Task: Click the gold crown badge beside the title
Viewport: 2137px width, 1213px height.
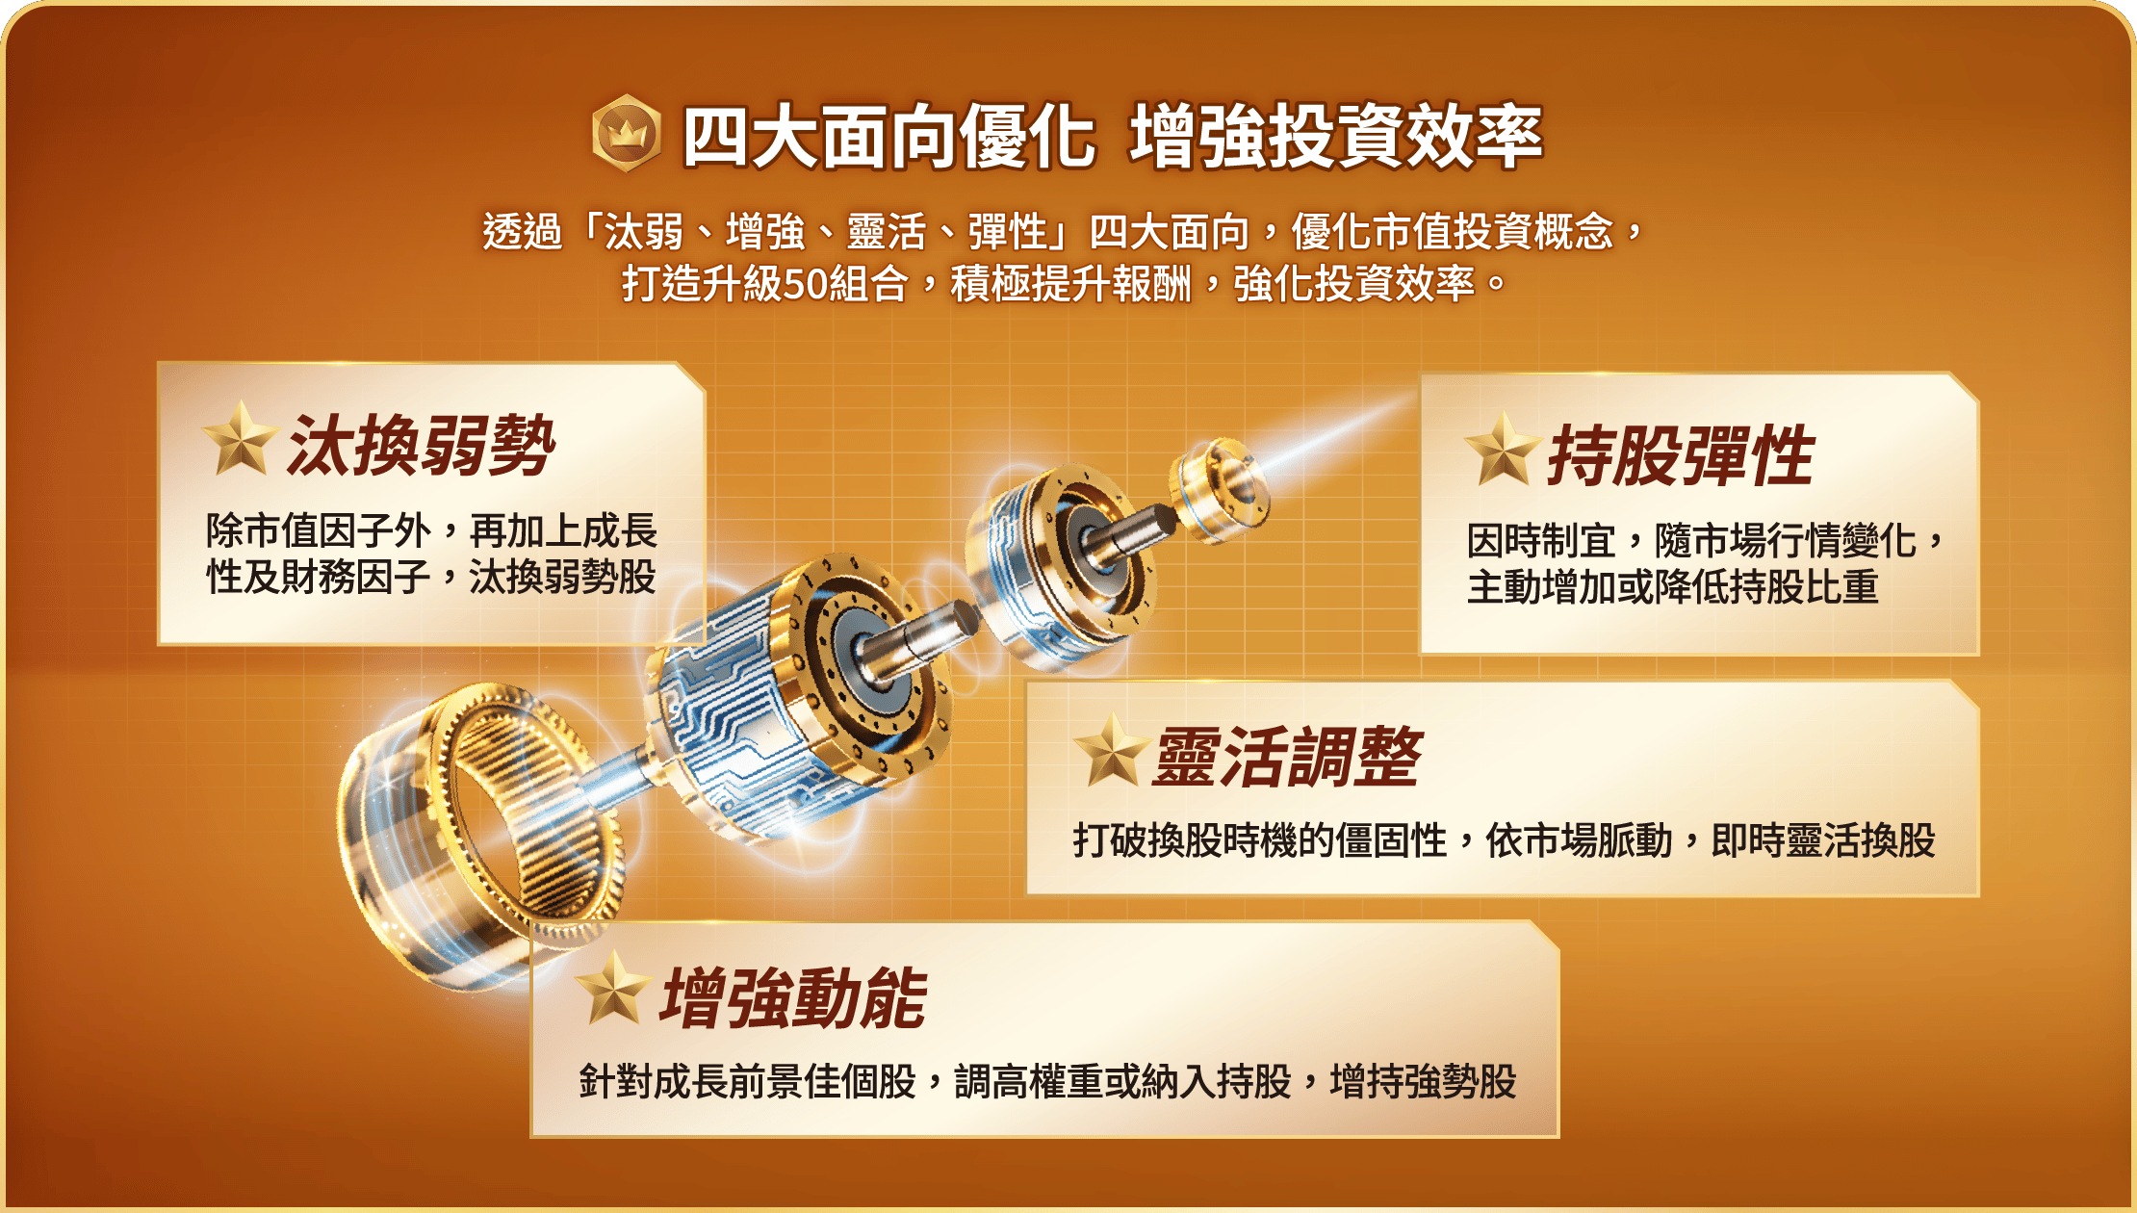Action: click(626, 133)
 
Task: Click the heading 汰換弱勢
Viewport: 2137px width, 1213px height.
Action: click(422, 446)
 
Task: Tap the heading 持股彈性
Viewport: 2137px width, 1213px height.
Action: click(1681, 455)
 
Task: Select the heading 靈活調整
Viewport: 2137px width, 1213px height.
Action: click(1287, 757)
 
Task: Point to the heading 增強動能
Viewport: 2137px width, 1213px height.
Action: click(793, 998)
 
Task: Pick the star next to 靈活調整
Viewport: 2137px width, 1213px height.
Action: click(1111, 750)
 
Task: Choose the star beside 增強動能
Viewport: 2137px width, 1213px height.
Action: click(612, 989)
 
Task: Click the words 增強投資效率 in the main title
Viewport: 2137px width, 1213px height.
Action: click(1336, 136)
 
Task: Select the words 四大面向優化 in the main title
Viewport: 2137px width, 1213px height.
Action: click(888, 136)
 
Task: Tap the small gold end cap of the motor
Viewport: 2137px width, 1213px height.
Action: click(1219, 490)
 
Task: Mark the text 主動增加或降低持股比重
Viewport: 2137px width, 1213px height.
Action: click(1673, 587)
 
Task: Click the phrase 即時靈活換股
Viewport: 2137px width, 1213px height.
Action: click(1823, 840)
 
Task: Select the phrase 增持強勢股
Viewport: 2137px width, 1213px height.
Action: click(1424, 1081)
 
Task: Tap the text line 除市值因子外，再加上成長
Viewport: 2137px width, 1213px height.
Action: click(432, 530)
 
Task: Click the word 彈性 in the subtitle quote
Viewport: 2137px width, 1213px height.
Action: click(1007, 232)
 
